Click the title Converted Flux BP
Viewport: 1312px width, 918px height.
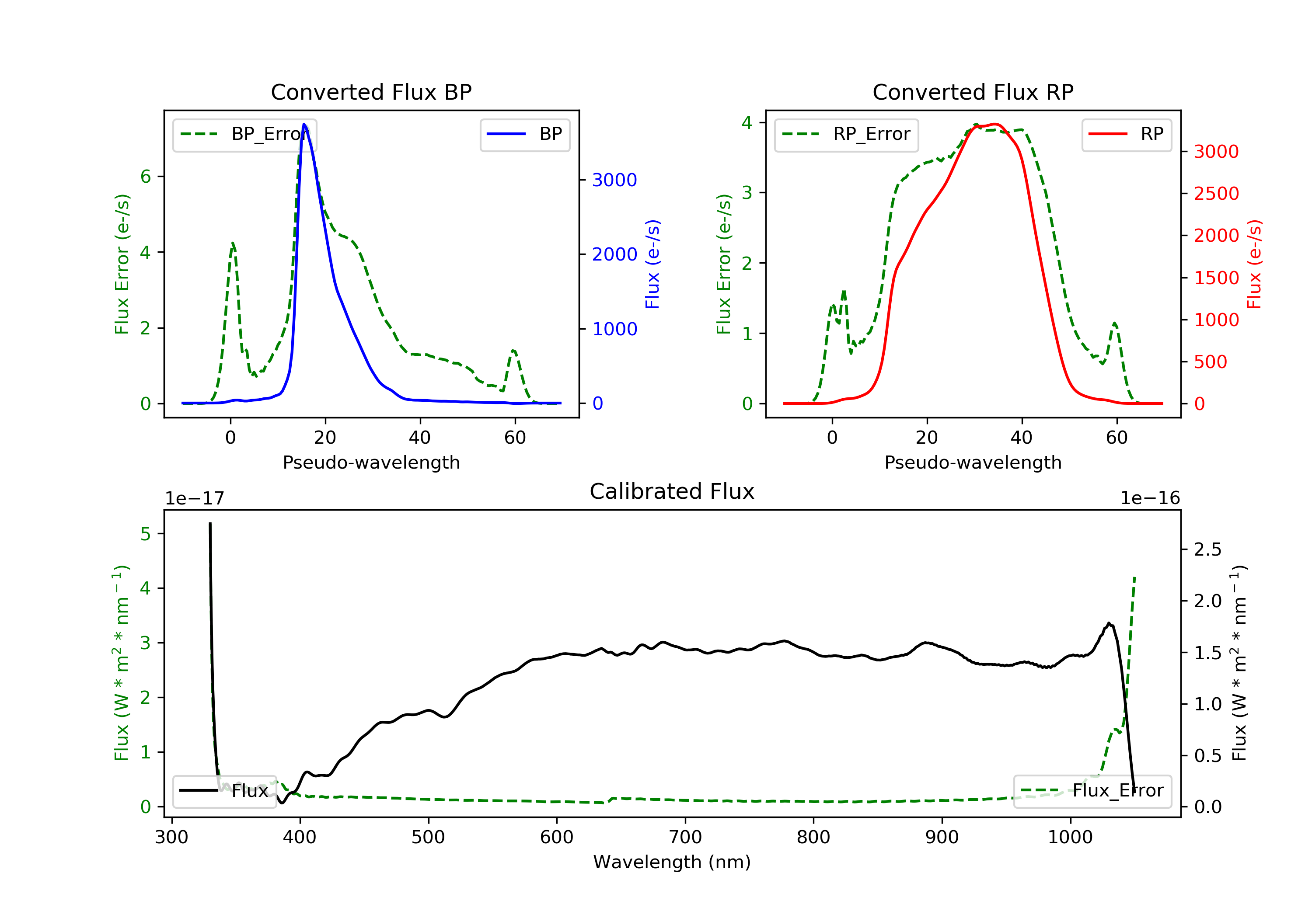point(371,92)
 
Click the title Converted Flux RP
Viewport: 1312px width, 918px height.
point(973,92)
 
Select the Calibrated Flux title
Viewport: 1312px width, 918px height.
point(672,491)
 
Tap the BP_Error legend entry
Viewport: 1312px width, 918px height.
point(244,134)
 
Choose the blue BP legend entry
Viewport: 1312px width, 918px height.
point(524,134)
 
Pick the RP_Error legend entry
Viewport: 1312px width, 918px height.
point(846,134)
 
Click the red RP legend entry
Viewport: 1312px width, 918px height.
point(1126,134)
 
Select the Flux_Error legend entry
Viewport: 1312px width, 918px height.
point(1092,791)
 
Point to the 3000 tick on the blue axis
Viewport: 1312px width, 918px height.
point(614,180)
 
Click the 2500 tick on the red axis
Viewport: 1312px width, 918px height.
point(1216,194)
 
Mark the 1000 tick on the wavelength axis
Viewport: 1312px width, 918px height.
point(1070,837)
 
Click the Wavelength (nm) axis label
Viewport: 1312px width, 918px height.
point(672,862)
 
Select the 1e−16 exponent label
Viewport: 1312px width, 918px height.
point(1150,498)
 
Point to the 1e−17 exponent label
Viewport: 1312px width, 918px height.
point(194,498)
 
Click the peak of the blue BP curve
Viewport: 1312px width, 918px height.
point(304,124)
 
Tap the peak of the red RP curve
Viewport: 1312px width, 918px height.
point(995,124)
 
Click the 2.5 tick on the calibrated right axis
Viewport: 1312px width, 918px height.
point(1207,549)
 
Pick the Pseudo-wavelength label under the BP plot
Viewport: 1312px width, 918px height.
point(371,462)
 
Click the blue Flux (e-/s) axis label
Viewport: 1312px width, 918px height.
point(653,264)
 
